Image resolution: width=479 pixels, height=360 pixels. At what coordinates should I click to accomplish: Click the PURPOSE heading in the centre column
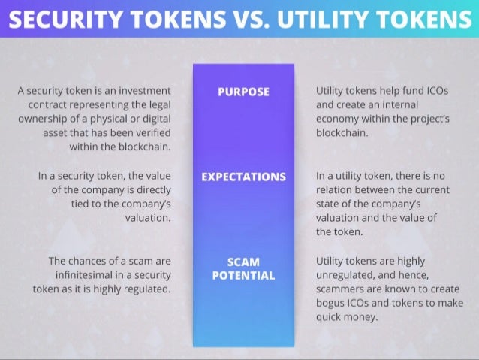[243, 92]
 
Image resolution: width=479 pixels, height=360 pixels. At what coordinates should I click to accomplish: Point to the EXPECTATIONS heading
[243, 177]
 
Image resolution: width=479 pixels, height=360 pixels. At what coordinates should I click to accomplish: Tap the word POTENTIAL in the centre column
[243, 276]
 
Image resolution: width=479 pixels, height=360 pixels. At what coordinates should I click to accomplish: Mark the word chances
[92, 261]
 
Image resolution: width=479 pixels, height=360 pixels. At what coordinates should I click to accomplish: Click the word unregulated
[347, 274]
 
